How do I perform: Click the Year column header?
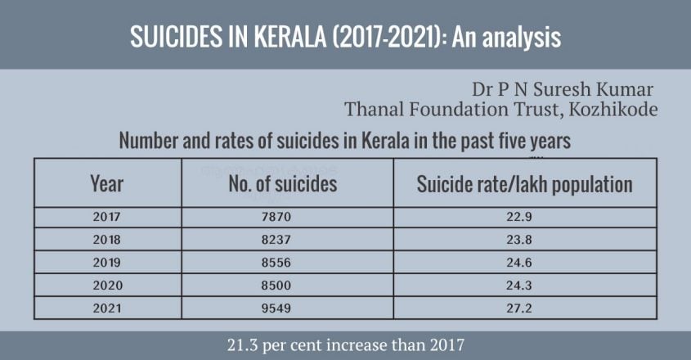point(106,184)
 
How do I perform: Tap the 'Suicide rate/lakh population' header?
point(524,184)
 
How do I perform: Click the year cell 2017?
point(106,218)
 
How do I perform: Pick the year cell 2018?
point(106,241)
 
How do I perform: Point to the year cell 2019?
point(106,263)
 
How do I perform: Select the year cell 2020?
point(106,286)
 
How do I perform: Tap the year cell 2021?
point(106,309)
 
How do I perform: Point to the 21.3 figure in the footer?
point(245,344)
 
